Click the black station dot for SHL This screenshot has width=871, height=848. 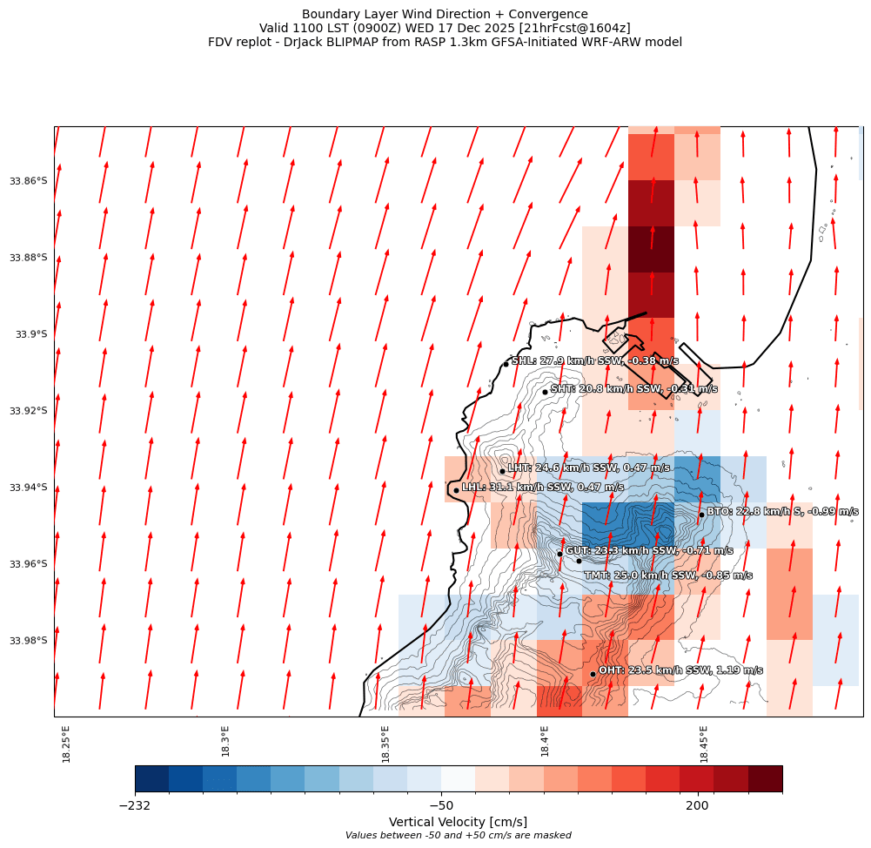pyautogui.click(x=506, y=364)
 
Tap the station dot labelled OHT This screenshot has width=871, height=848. pyautogui.click(x=593, y=674)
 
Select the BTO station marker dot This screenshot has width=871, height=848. pyautogui.click(x=701, y=515)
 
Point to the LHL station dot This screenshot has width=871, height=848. pyautogui.click(x=456, y=490)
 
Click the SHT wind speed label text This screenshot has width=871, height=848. pyautogui.click(x=633, y=389)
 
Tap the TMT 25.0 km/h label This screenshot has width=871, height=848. pyautogui.click(x=667, y=575)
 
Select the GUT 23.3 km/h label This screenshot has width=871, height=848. pyautogui.click(x=649, y=551)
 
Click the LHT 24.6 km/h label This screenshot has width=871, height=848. pyautogui.click(x=588, y=468)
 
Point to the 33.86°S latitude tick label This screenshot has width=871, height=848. pyautogui.click(x=28, y=181)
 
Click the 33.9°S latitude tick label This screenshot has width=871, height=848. pyautogui.click(x=31, y=334)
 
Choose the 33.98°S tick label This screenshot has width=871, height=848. pyautogui.click(x=28, y=641)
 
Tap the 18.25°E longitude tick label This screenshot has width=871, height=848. pyautogui.click(x=67, y=744)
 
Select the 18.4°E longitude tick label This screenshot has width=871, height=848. pyautogui.click(x=545, y=744)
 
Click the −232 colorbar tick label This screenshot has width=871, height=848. pyautogui.click(x=135, y=806)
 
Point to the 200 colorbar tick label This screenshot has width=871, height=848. pyautogui.click(x=697, y=806)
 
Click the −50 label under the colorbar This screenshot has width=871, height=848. pyautogui.click(x=441, y=806)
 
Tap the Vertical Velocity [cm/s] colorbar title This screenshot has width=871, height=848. pyautogui.click(x=458, y=822)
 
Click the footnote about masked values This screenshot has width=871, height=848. pyautogui.click(x=458, y=836)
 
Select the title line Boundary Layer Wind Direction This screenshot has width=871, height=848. pyautogui.click(x=445, y=14)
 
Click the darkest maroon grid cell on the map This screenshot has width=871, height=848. pyautogui.click(x=651, y=249)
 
